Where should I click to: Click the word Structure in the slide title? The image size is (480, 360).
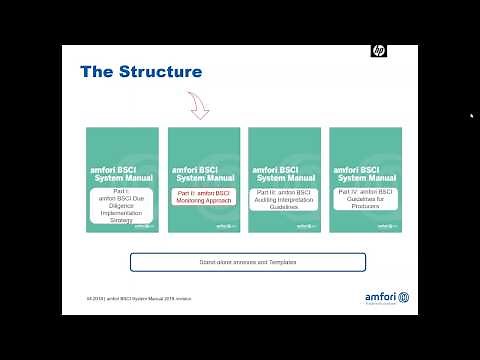coord(162,72)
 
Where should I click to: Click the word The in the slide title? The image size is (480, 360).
coord(99,72)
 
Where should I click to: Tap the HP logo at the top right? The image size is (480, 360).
coord(378,51)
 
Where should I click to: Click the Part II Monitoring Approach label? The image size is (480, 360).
coord(203,197)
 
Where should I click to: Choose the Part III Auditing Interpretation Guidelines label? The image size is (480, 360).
coord(285,197)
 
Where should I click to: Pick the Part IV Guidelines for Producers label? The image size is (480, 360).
coord(366,197)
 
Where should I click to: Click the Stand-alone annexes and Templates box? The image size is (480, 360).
coord(248,262)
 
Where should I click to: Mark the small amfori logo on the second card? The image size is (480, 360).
coord(225,227)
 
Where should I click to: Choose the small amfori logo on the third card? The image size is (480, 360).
coord(307,227)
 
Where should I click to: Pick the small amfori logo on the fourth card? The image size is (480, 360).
coord(388,227)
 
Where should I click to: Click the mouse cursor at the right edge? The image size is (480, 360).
coord(471,115)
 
